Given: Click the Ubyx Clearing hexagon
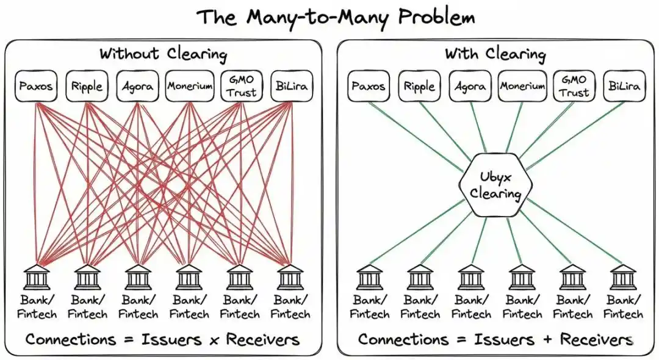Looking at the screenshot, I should (x=495, y=185).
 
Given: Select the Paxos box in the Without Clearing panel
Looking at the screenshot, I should (x=36, y=86).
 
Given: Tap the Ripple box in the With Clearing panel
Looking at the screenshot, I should (x=419, y=86).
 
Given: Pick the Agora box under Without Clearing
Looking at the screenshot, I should (x=138, y=86).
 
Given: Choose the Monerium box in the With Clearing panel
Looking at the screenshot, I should (x=522, y=86).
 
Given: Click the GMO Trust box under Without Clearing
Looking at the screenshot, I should (x=240, y=86).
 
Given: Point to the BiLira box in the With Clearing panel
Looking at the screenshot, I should (x=624, y=86).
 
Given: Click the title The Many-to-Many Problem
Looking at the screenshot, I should (x=335, y=16).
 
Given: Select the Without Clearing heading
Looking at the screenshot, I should (x=163, y=54).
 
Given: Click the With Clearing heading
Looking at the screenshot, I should (x=495, y=54).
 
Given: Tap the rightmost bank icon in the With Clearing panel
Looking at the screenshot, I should (x=624, y=278).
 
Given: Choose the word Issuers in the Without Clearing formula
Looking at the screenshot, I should (x=170, y=339).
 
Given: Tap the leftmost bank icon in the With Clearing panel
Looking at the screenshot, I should (x=369, y=278).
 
